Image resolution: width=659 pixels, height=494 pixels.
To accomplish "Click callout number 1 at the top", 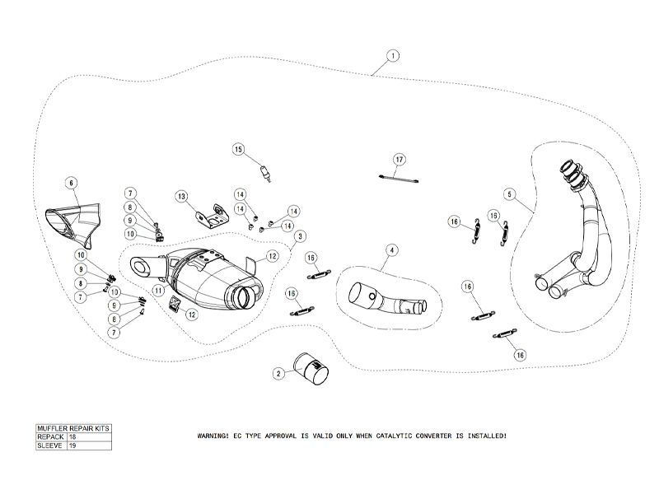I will coord(393,57).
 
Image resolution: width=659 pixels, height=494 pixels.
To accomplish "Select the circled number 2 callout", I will coord(278,374).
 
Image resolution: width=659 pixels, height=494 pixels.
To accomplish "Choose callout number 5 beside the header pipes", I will coord(510,194).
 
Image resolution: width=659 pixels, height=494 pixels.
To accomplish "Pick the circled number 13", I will coord(181,196).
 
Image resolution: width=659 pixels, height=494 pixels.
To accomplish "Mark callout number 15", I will coord(239,150).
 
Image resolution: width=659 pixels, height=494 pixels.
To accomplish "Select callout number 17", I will coord(399,159).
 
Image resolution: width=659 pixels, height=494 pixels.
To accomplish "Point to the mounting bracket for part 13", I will coord(210,217).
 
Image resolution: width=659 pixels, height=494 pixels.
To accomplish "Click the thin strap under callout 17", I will coord(399,177).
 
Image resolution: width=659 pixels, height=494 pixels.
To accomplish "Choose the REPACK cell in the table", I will coord(49,437).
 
